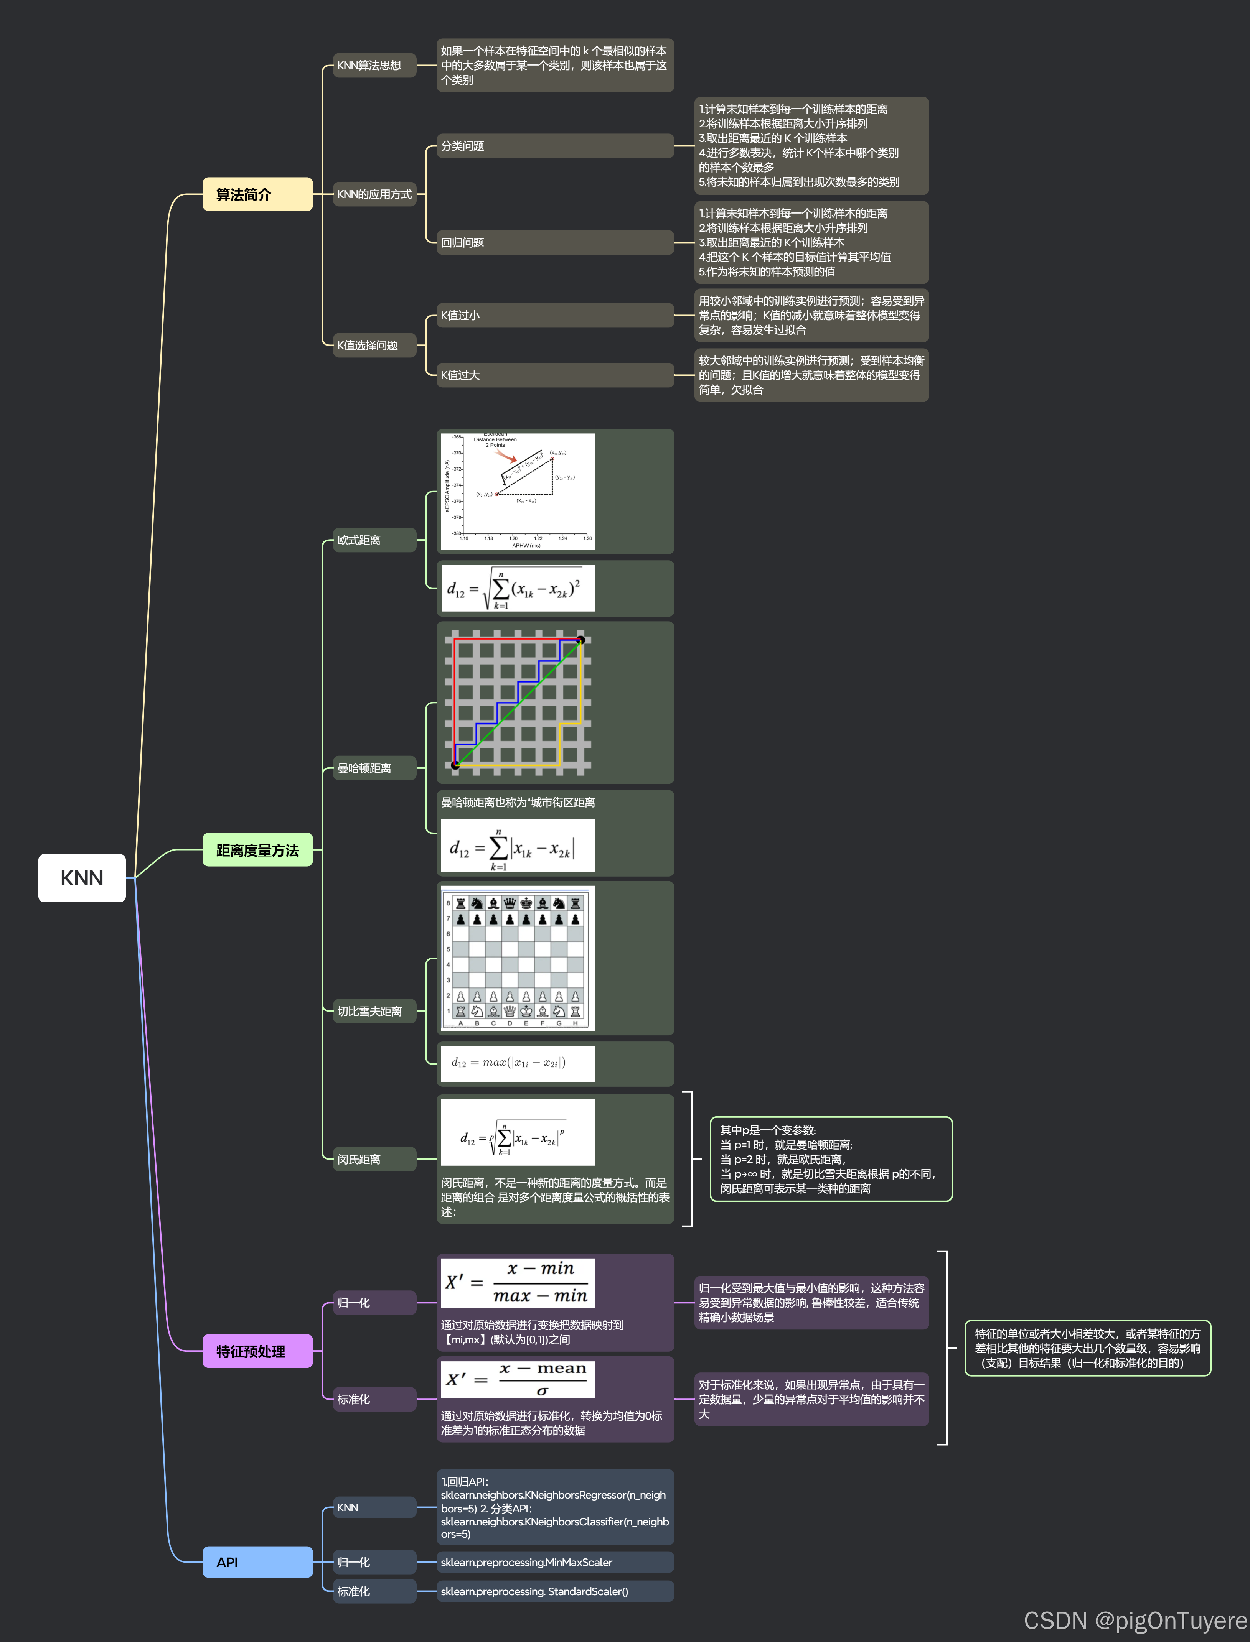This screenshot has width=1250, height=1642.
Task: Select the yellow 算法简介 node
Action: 257,194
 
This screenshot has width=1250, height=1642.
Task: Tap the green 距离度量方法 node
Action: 257,850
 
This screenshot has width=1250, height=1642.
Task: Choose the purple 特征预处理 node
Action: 257,1351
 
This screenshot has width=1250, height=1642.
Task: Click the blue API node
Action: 257,1562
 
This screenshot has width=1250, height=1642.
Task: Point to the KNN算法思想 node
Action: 374,66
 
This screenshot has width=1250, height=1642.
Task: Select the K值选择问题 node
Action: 374,345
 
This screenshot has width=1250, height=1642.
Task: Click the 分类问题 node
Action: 554,146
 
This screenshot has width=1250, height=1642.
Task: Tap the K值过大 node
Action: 554,375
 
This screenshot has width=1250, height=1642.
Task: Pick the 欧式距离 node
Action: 374,540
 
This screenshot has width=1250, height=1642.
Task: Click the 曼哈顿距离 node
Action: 374,768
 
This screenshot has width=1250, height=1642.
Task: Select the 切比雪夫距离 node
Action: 374,1011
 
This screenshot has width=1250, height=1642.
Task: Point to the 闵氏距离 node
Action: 374,1159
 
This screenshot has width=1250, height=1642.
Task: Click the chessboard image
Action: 517,958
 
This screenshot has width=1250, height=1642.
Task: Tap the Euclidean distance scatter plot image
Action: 517,491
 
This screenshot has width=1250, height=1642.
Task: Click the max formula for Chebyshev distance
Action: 517,1063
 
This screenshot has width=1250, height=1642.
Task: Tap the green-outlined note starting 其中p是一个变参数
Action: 830,1158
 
